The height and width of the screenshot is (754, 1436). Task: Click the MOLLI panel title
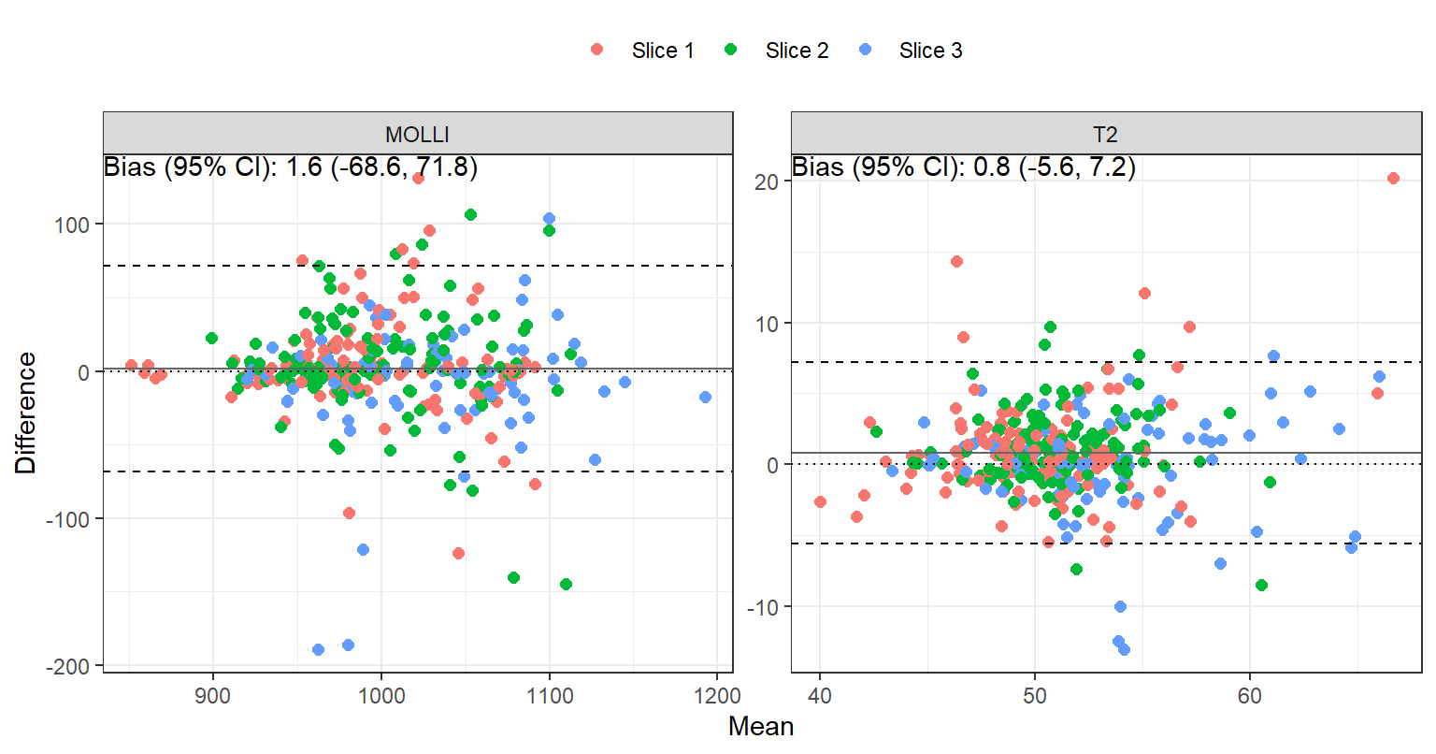click(x=417, y=134)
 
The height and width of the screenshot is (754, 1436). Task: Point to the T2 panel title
click(x=1105, y=134)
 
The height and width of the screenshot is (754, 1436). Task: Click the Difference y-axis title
click(x=25, y=413)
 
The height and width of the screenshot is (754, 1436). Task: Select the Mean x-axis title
click(x=761, y=727)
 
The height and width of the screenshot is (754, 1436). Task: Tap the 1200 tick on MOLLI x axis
click(x=717, y=696)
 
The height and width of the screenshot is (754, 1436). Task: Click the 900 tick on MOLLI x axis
click(x=213, y=696)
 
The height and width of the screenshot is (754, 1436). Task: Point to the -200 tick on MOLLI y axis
click(x=68, y=666)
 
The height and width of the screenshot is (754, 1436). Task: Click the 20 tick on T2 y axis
click(x=767, y=181)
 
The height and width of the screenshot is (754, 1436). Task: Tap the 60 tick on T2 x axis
click(x=1249, y=696)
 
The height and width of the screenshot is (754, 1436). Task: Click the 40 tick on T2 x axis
click(x=820, y=696)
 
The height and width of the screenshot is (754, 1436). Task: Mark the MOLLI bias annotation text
click(x=291, y=167)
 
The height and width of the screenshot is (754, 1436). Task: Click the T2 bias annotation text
click(x=964, y=167)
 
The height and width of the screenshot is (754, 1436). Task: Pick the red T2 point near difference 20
click(x=1393, y=178)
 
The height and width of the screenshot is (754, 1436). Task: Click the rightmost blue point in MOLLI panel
click(x=705, y=398)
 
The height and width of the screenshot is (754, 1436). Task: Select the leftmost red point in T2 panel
click(x=820, y=502)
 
